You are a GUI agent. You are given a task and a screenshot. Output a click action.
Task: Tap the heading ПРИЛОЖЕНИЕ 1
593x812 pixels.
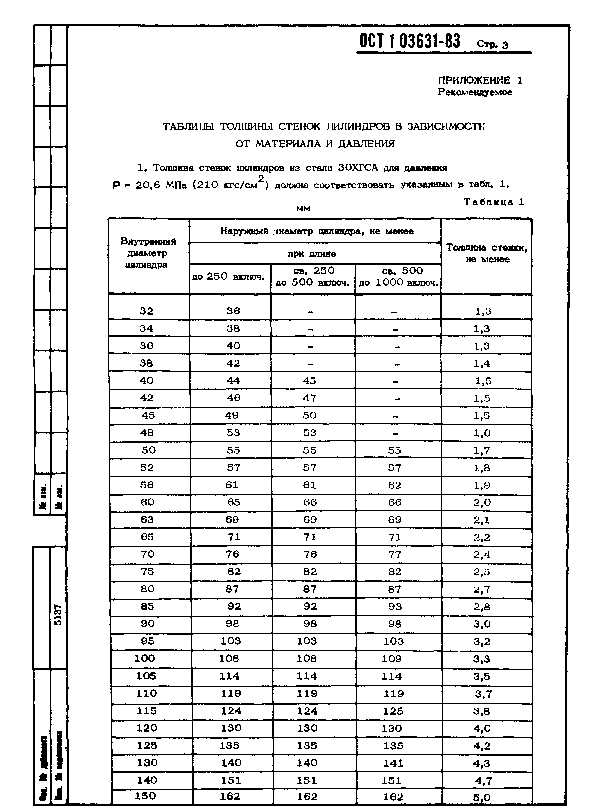point(480,80)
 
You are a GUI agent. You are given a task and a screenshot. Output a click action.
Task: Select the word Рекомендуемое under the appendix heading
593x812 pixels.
point(475,92)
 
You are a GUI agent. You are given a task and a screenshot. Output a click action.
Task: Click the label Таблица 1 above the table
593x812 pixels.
point(493,202)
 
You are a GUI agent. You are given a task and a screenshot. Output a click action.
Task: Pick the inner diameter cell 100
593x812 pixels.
point(145,658)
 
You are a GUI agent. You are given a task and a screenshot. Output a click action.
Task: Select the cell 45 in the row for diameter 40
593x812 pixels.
point(309,381)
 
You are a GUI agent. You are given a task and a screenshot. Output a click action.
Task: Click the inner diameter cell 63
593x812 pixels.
point(147,520)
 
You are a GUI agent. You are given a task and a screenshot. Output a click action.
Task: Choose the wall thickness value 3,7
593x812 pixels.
point(483,694)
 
